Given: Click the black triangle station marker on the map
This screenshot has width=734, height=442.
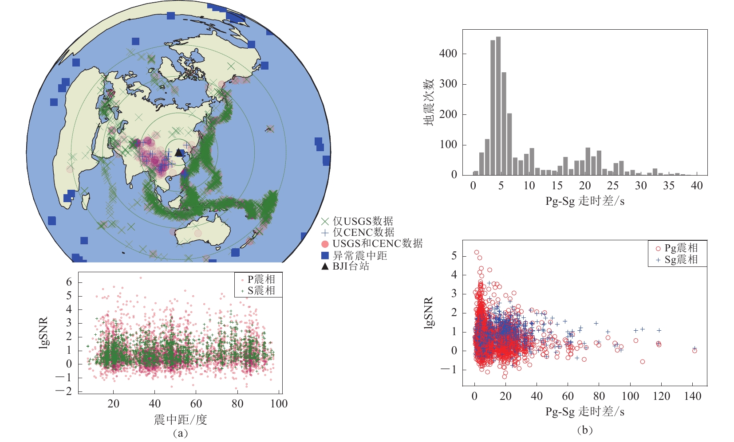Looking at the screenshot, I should [x=178, y=153].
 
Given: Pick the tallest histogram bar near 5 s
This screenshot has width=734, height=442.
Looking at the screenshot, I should [x=498, y=106].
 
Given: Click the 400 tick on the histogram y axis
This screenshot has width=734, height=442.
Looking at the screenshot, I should [x=448, y=54].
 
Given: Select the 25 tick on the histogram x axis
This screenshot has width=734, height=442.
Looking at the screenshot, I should [x=613, y=186].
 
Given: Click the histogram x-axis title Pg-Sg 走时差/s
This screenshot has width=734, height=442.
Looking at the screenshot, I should [x=585, y=201].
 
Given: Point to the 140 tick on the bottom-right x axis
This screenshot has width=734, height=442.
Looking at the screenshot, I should [x=692, y=396].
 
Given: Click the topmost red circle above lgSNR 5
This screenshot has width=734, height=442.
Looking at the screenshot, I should [x=477, y=252].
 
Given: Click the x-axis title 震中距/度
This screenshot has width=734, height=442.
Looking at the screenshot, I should [x=180, y=419].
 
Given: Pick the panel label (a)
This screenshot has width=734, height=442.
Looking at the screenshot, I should [x=180, y=433].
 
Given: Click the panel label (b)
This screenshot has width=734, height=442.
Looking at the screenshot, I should [x=584, y=430].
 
